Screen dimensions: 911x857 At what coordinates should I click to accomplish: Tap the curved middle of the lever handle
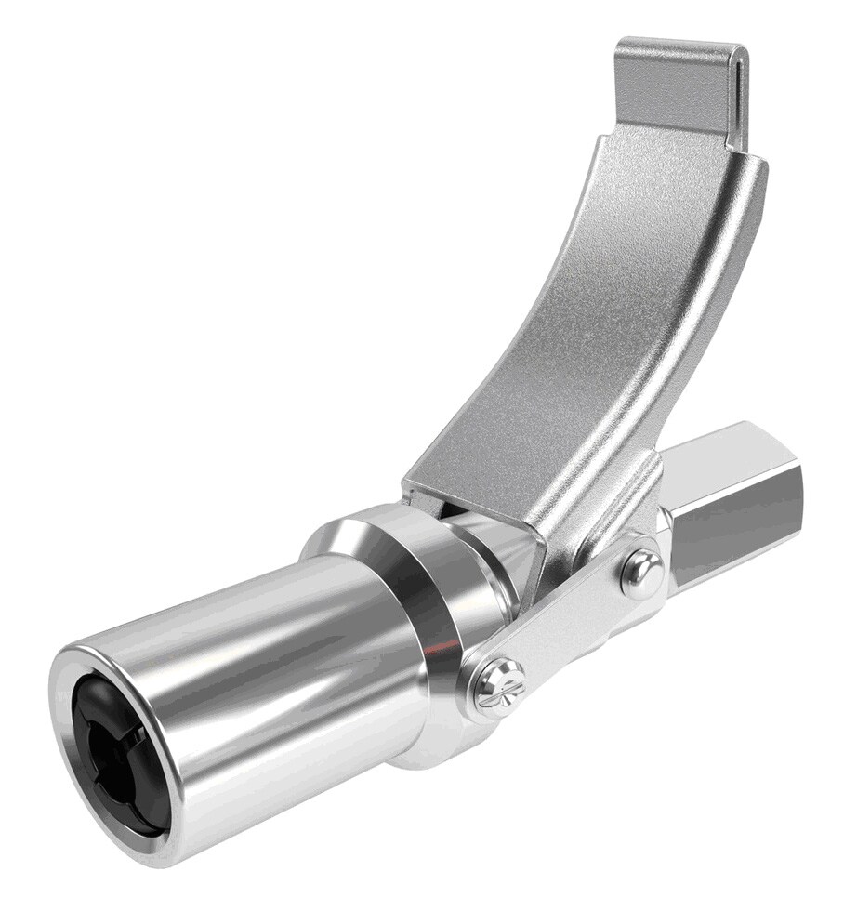click(595, 307)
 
